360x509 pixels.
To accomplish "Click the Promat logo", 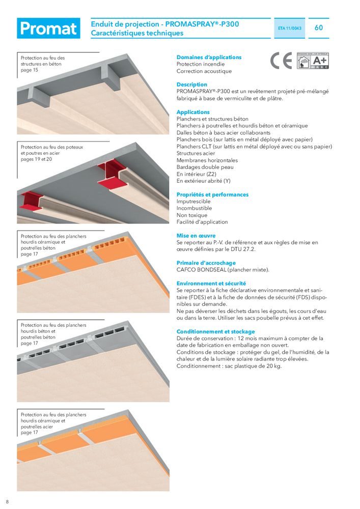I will click(48, 29).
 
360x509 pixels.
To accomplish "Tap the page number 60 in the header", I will click(319, 27).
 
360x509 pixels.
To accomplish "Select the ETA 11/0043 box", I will click(290, 29).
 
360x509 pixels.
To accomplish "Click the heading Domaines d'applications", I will click(209, 58).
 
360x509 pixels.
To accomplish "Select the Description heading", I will click(191, 84).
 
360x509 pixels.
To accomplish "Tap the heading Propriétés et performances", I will click(212, 194).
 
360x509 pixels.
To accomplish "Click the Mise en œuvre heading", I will click(196, 236).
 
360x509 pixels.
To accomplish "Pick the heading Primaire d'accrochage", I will click(206, 263).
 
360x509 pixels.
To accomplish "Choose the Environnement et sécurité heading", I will click(211, 283).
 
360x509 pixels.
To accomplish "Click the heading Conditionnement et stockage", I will click(215, 331).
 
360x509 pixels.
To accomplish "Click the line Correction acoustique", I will click(204, 71).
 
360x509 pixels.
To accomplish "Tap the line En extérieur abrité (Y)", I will click(203, 181).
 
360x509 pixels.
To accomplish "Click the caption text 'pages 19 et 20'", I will click(36, 159).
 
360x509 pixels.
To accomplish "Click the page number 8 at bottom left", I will click(7, 501).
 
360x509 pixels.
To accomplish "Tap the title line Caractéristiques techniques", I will click(137, 33).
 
